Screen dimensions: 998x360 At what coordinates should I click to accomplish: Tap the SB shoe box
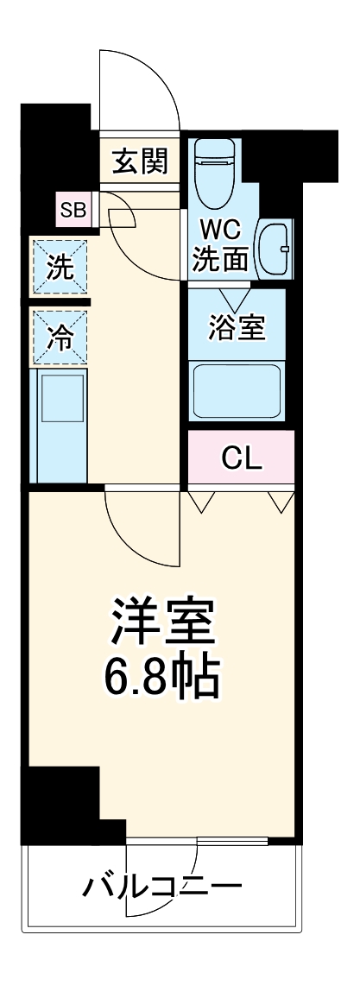(73, 208)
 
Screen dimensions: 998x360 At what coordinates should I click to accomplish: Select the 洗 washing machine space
(60, 267)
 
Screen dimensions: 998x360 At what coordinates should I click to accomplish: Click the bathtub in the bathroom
(237, 389)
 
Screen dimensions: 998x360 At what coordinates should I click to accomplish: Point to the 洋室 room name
(161, 618)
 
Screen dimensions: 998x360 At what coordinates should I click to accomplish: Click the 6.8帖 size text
(161, 677)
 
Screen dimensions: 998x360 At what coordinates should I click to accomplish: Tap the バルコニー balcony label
(162, 886)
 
